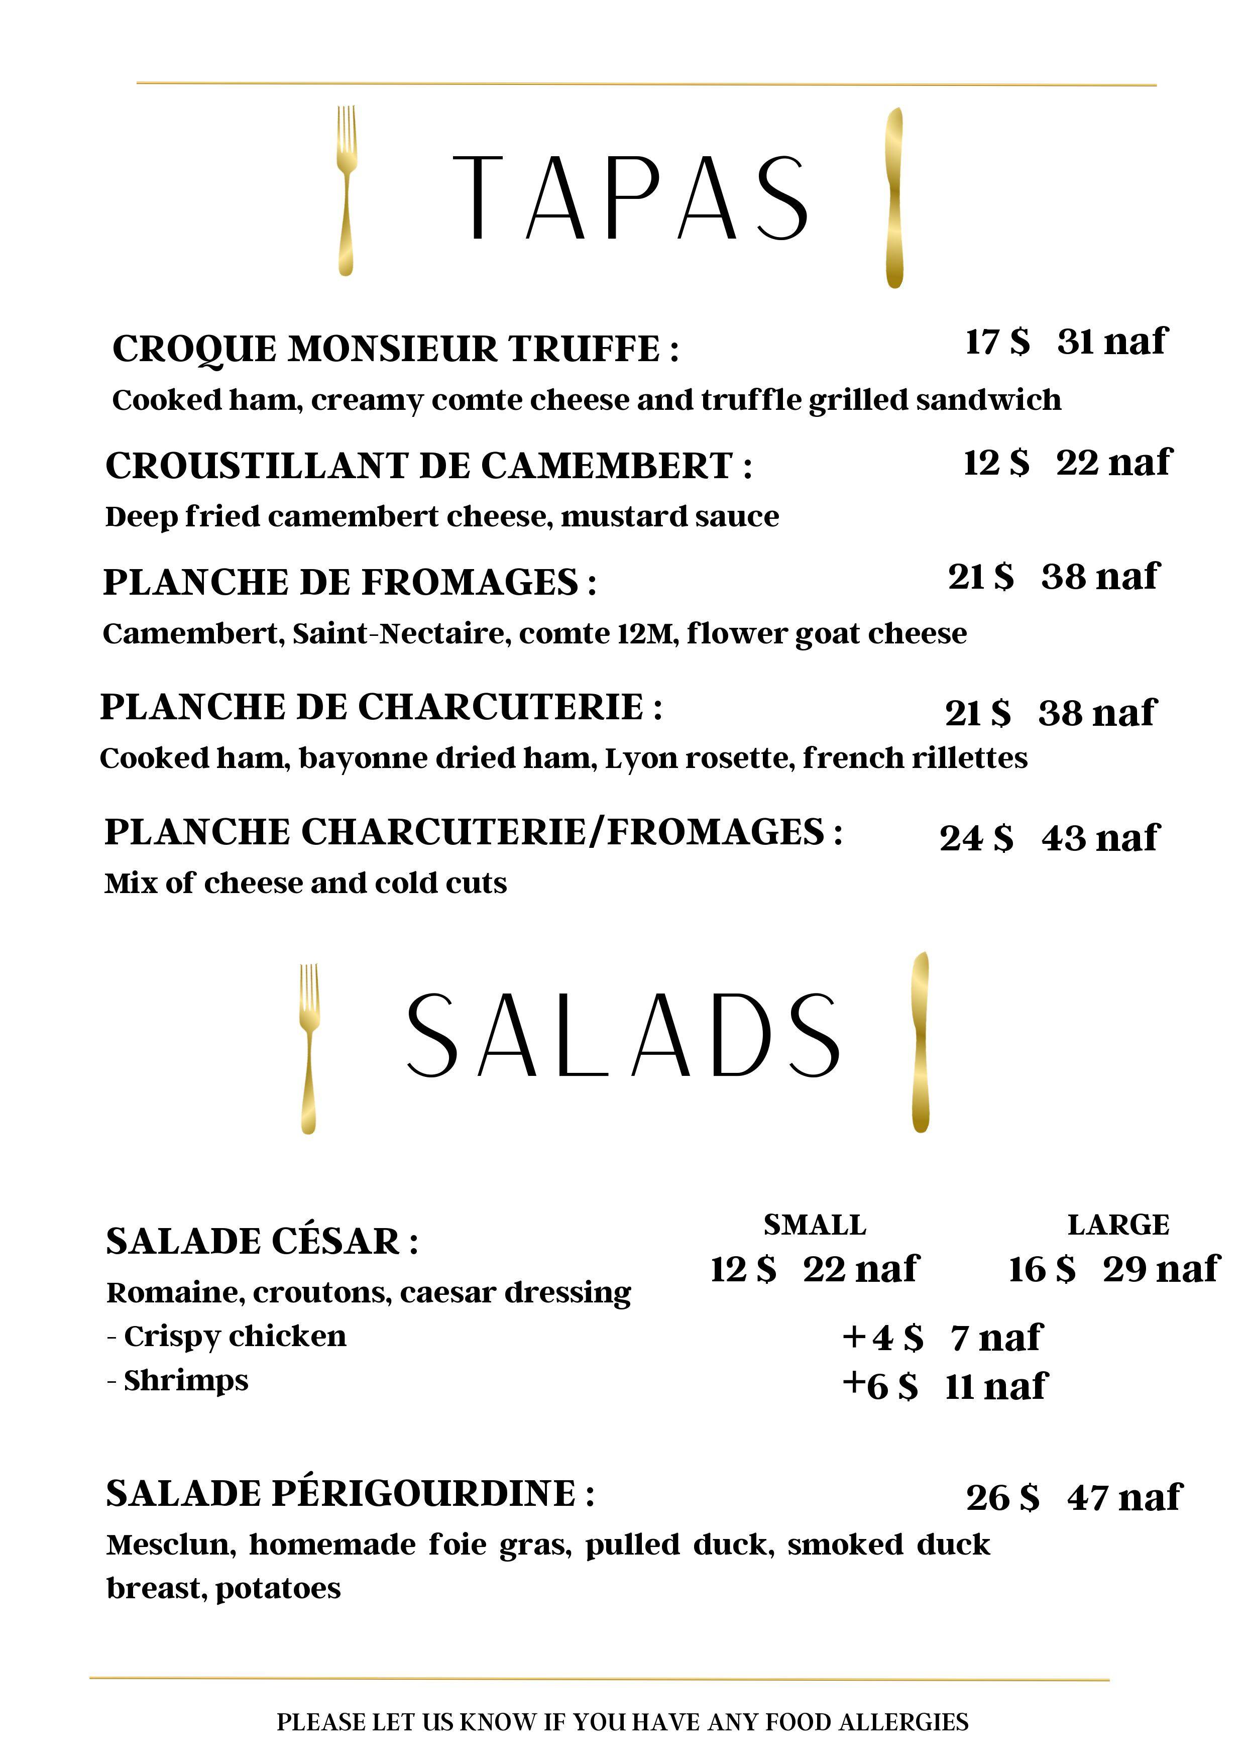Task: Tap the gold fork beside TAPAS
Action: click(x=346, y=190)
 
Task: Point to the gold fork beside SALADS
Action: click(x=308, y=1048)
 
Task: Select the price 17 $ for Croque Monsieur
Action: click(x=997, y=342)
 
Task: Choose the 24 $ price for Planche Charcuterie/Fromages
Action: click(x=976, y=838)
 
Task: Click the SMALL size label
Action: click(x=815, y=1225)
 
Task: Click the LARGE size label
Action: click(x=1118, y=1225)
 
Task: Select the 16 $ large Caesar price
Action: click(x=1042, y=1269)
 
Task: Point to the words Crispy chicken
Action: click(x=235, y=1337)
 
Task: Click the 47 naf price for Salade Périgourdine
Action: click(x=1124, y=1497)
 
